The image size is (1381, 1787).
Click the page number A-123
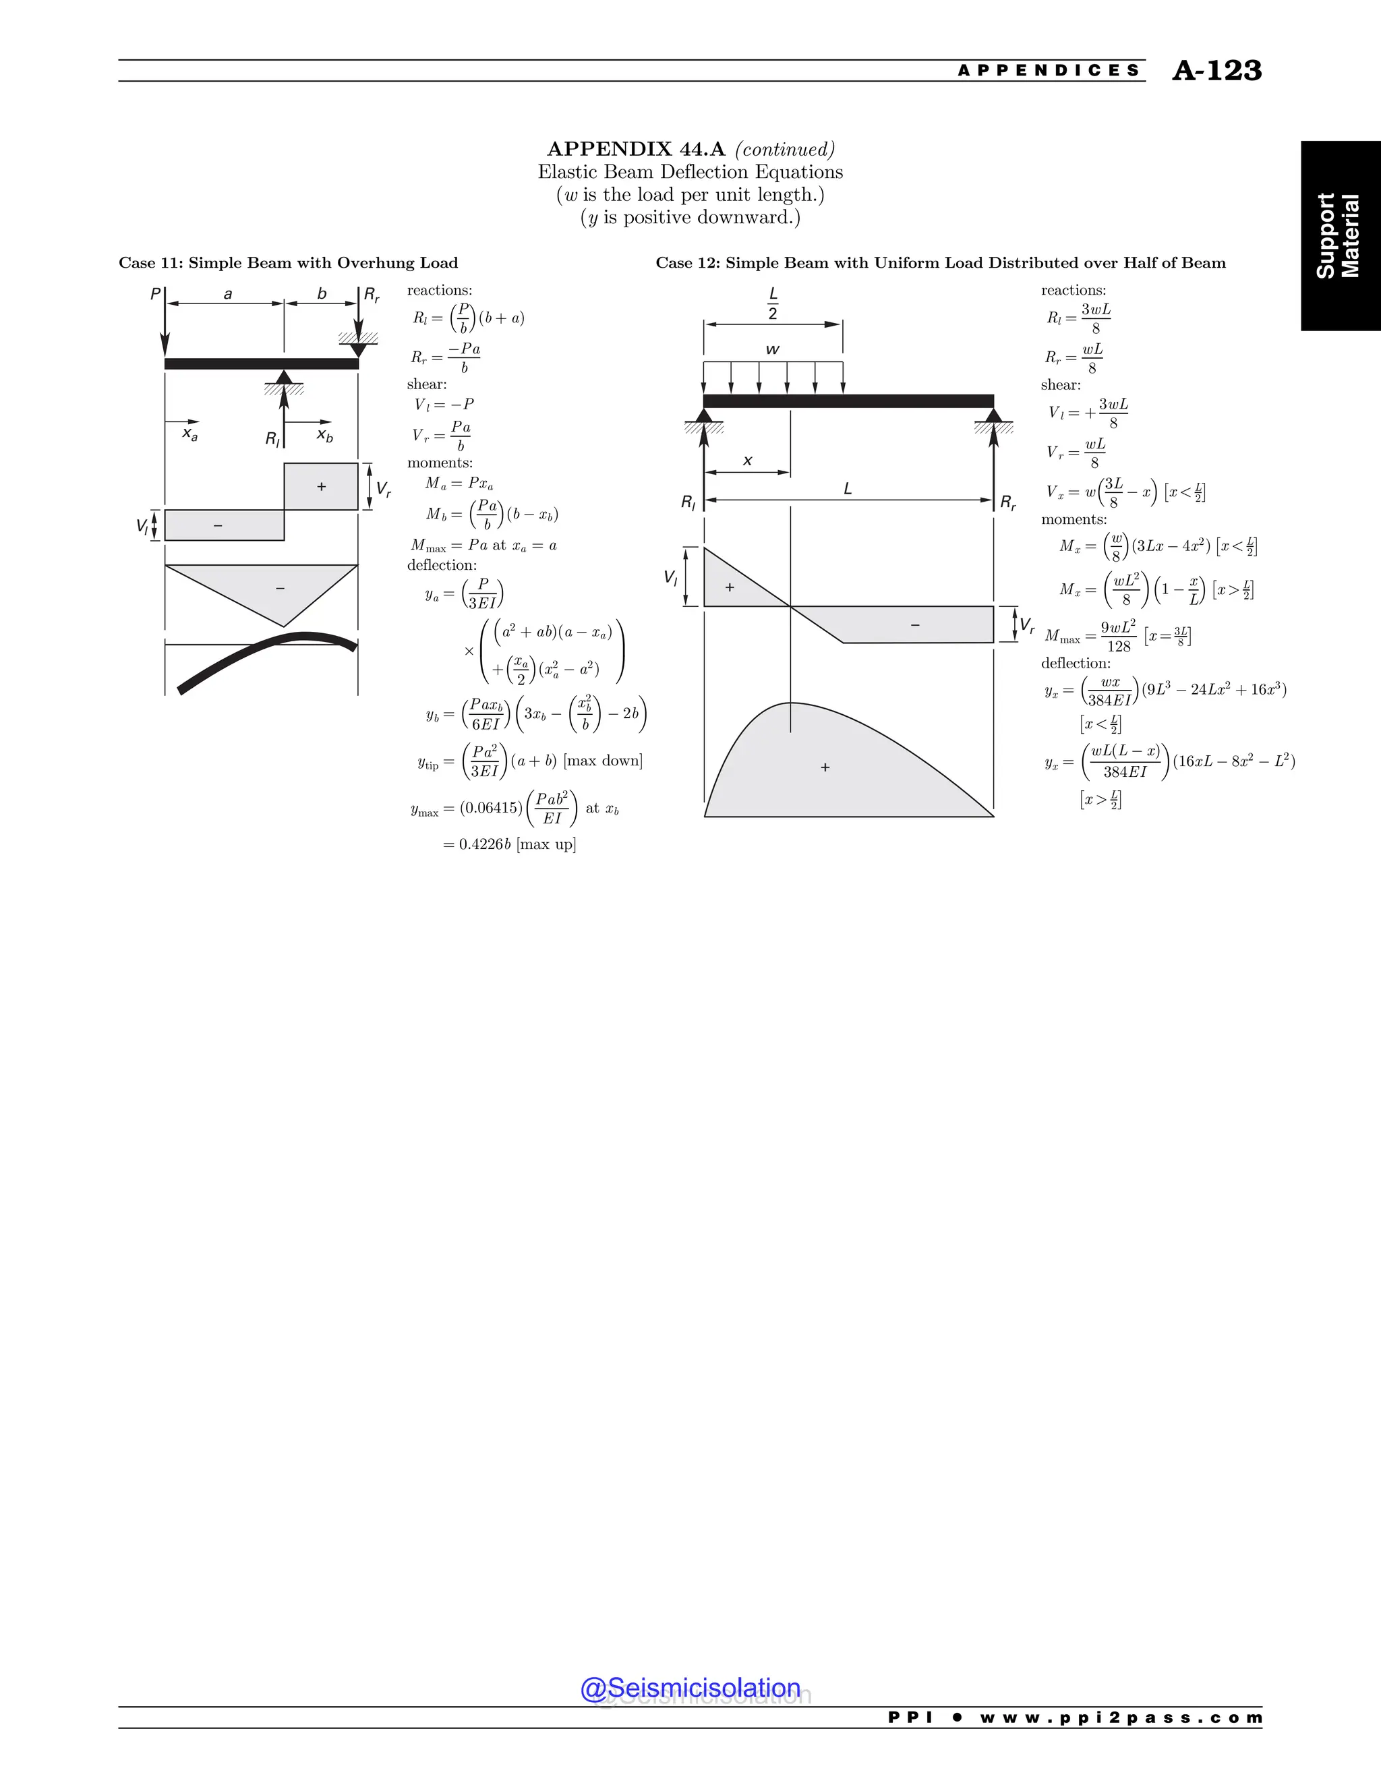[x=1216, y=71]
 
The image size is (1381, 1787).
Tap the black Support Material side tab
[x=1339, y=235]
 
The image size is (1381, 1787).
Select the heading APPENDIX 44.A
[x=636, y=149]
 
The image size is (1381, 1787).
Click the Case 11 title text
[x=288, y=262]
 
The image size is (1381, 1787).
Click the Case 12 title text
[x=940, y=262]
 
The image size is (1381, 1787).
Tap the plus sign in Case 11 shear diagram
[x=322, y=487]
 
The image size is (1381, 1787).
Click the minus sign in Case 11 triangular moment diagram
[x=280, y=588]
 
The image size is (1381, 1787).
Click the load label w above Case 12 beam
[x=772, y=349]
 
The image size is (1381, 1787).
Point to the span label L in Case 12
[x=848, y=488]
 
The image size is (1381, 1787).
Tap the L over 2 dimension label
[x=772, y=303]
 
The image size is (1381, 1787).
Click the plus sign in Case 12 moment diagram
[x=825, y=767]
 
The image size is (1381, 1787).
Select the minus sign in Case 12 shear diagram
[x=914, y=625]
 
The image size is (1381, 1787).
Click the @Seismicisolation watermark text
[x=690, y=1688]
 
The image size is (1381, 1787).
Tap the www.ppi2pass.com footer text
[x=1121, y=1718]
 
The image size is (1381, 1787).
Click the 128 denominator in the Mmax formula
[x=1119, y=647]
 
